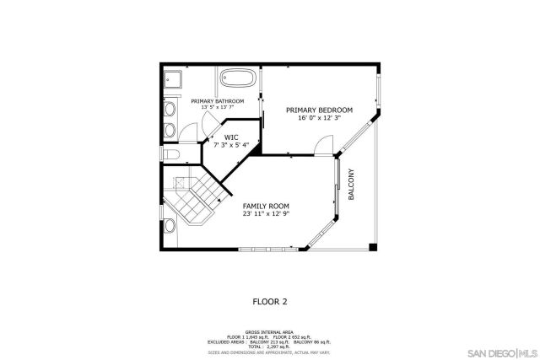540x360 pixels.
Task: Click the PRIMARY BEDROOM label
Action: pyautogui.click(x=319, y=110)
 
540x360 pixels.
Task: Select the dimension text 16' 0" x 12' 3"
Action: pyautogui.click(x=319, y=119)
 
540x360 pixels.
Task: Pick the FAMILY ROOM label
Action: pyautogui.click(x=266, y=206)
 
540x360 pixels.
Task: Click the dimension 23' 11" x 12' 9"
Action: pyautogui.click(x=266, y=214)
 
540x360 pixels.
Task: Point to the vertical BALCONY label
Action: pyautogui.click(x=352, y=185)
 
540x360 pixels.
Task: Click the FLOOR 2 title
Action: pyautogui.click(x=270, y=300)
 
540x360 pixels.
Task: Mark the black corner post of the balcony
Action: pyautogui.click(x=373, y=247)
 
